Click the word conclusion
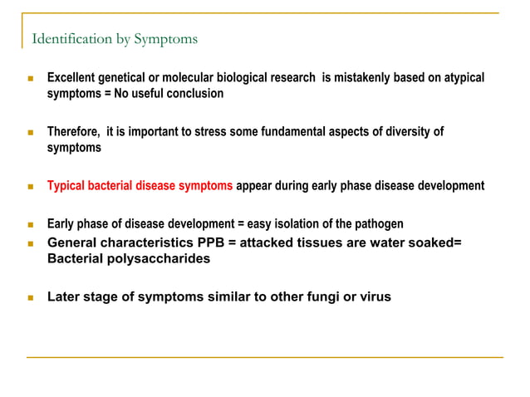click(194, 94)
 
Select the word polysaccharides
click(157, 258)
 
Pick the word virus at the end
click(374, 296)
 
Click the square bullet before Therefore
click(30, 132)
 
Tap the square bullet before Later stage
click(30, 297)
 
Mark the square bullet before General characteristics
click(30, 243)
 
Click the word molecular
click(194, 78)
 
